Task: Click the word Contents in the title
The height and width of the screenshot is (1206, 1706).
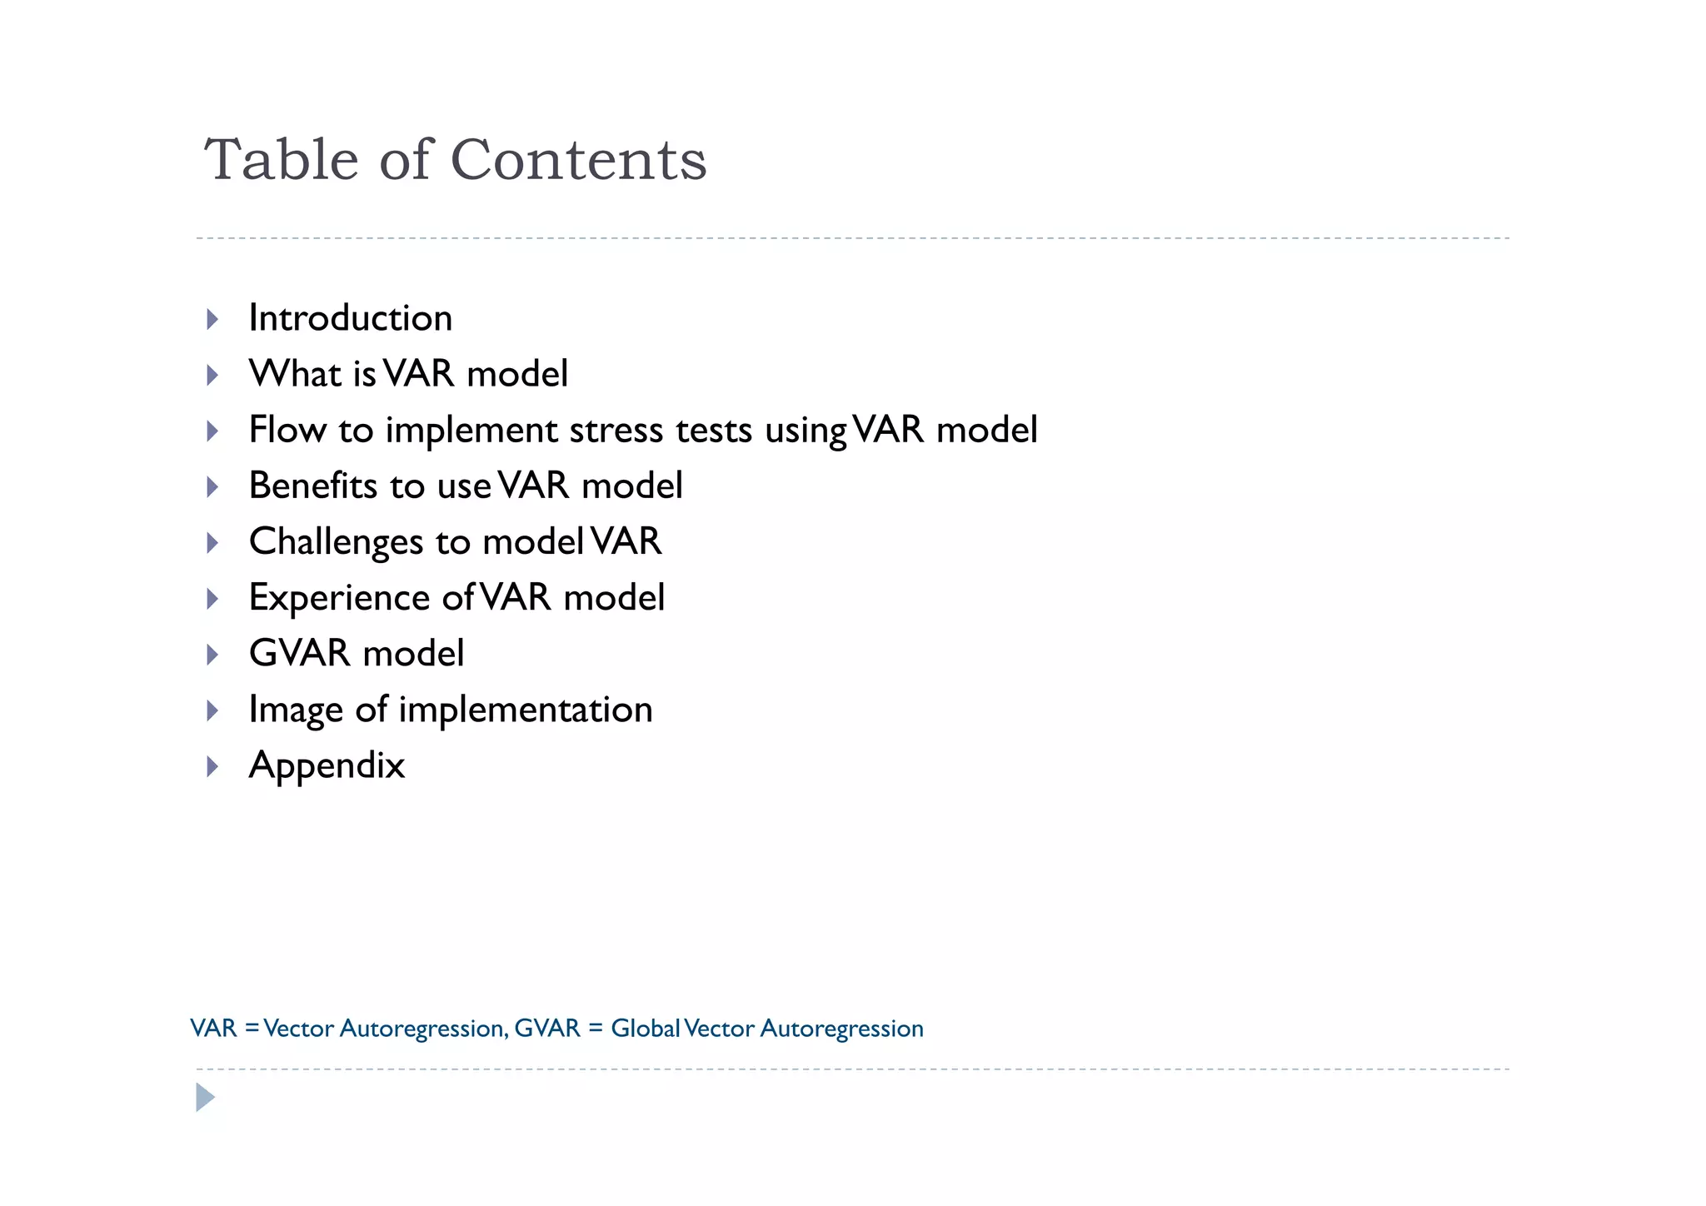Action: (x=578, y=159)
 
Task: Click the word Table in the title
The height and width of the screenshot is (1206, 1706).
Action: (x=281, y=159)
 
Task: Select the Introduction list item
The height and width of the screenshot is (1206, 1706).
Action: (x=350, y=318)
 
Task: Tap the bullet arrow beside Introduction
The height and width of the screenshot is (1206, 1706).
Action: (x=212, y=319)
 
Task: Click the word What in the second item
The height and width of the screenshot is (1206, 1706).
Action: (x=295, y=373)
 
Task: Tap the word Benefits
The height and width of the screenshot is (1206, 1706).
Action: (x=313, y=486)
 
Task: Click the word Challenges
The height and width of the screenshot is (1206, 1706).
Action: (x=336, y=542)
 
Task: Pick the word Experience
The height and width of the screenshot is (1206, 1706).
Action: (x=339, y=597)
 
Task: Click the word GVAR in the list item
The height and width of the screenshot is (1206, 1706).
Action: (x=299, y=653)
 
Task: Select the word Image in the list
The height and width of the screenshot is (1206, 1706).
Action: (x=296, y=710)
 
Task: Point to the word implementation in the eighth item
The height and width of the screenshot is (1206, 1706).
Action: (x=525, y=710)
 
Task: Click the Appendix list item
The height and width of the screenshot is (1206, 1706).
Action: (x=327, y=765)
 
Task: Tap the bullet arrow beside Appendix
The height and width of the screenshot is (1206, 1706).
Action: (x=212, y=766)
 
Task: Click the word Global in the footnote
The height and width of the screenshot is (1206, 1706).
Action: (x=646, y=1029)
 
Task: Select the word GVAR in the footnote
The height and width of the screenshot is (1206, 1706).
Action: (x=546, y=1029)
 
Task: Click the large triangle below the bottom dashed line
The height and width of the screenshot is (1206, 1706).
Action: (x=205, y=1098)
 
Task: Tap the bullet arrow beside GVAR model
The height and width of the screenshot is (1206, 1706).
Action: (x=212, y=655)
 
